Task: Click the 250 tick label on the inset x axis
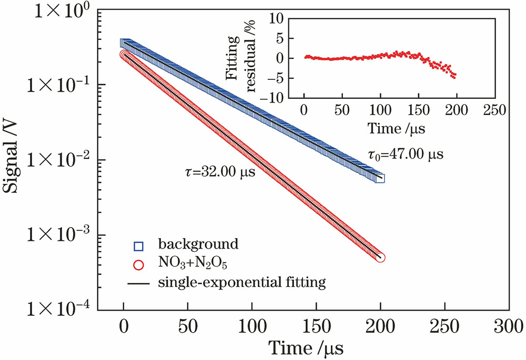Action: point(495,111)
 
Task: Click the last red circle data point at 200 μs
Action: point(381,258)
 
